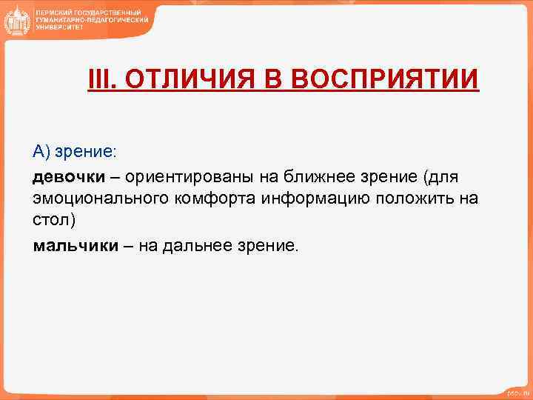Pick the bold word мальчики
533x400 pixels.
pos(76,246)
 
